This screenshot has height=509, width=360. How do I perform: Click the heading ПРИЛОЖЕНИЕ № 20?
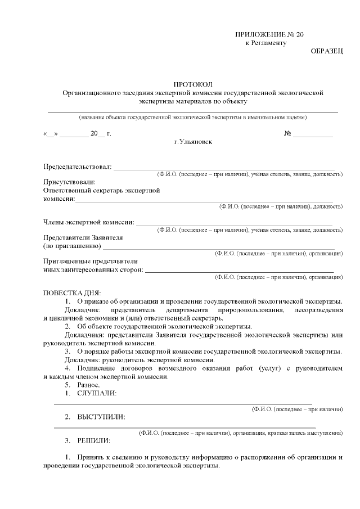point(269,35)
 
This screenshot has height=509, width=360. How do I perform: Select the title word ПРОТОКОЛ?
point(193,84)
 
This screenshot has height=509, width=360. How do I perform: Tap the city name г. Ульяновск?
point(193,142)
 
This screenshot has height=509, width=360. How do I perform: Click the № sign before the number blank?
point(287,134)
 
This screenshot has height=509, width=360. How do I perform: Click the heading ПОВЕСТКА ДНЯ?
point(72,293)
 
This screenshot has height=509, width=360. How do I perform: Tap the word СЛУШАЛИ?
point(97,393)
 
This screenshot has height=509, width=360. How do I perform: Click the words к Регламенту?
point(267,43)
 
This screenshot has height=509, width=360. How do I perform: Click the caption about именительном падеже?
point(193,117)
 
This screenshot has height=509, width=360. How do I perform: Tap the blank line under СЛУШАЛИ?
point(183,403)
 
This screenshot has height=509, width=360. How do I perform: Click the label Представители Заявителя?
point(83,238)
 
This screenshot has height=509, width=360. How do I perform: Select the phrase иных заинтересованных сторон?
point(93,269)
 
